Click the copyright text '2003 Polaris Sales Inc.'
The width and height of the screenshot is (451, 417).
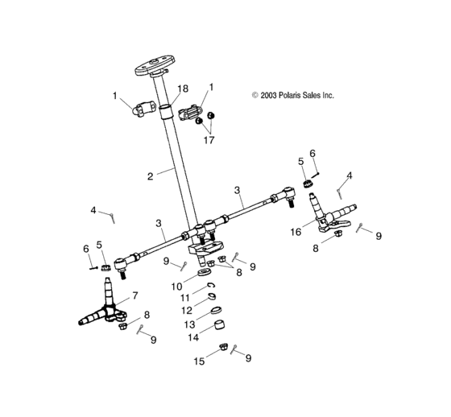click(297, 95)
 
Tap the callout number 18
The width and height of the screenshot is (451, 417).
click(183, 89)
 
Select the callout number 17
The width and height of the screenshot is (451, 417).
click(209, 140)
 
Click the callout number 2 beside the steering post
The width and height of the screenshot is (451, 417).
click(150, 176)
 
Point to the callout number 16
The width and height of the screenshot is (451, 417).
click(296, 232)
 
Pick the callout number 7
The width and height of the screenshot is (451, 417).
click(135, 295)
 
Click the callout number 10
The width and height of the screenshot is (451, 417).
click(176, 287)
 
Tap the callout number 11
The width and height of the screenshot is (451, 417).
click(185, 298)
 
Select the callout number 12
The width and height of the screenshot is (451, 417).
click(187, 311)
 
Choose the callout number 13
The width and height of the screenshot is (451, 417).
click(189, 324)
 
